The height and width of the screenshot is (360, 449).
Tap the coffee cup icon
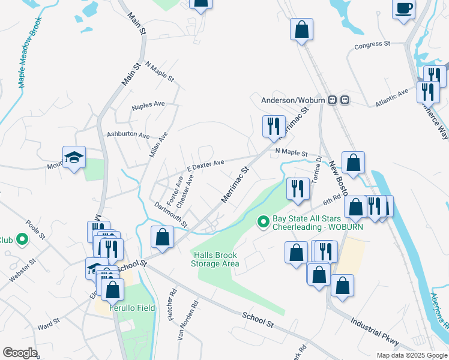403,10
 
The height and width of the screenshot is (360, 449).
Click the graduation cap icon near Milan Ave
74,158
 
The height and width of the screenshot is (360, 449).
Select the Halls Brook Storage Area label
215,259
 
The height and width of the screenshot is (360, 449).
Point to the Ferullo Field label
132,308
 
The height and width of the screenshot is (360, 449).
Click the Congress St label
372,45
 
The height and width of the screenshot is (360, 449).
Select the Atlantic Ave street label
391,98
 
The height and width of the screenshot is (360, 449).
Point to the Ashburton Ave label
128,136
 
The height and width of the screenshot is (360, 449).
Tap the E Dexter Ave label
205,164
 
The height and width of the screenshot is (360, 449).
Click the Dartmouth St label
171,214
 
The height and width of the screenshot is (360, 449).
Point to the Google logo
19,353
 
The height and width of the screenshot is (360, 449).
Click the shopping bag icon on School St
161,236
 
